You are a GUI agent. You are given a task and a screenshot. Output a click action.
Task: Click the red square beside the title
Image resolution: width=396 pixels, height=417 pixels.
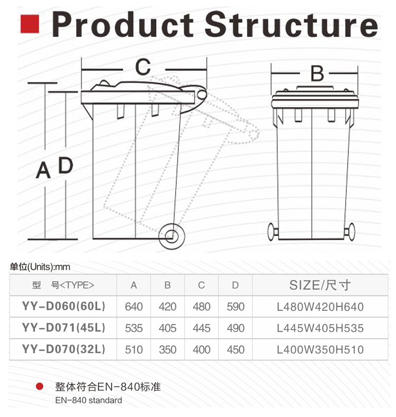(x=30, y=24)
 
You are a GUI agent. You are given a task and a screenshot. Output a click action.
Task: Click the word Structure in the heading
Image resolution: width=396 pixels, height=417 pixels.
(x=291, y=24)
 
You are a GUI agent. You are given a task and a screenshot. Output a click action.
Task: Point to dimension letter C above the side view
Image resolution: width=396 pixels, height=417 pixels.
(x=143, y=67)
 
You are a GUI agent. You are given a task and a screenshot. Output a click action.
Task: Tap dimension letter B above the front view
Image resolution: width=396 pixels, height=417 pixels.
(x=317, y=73)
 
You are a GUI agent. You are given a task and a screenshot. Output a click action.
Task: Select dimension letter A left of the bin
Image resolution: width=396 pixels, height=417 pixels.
(x=43, y=170)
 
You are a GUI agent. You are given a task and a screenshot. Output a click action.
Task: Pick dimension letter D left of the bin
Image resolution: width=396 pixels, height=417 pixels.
(x=65, y=165)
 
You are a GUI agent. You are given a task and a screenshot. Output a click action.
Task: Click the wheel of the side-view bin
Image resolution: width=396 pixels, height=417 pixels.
(x=172, y=236)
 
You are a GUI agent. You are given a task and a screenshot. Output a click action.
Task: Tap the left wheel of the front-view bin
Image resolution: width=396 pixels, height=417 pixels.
(x=272, y=232)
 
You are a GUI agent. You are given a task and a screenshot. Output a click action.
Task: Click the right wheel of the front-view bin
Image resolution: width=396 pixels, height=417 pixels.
(x=351, y=232)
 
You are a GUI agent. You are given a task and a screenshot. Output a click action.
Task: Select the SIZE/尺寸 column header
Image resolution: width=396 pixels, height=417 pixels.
(x=320, y=285)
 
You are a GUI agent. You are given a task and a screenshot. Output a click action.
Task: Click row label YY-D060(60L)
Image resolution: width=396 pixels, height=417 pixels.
(x=63, y=306)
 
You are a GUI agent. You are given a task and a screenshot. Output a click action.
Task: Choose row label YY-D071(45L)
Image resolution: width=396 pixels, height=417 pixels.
(x=63, y=327)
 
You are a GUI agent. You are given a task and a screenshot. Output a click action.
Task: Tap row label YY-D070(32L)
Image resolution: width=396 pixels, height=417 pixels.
(x=63, y=349)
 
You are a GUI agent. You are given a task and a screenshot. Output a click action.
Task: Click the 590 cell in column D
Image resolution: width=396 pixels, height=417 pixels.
(x=235, y=307)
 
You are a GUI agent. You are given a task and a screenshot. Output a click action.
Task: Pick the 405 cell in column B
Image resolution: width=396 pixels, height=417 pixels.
(x=167, y=328)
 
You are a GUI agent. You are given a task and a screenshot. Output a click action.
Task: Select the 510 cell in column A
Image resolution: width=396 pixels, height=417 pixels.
(x=134, y=350)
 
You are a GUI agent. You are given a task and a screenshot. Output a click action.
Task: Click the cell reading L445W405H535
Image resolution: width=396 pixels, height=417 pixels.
(x=320, y=328)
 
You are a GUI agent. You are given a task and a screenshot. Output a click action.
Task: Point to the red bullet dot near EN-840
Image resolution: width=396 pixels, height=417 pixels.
(x=40, y=386)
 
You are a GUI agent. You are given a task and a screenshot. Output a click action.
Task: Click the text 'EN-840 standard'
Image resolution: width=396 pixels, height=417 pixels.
(x=89, y=400)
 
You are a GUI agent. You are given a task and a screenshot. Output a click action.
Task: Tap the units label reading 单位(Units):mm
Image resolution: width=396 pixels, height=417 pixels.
(x=40, y=267)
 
